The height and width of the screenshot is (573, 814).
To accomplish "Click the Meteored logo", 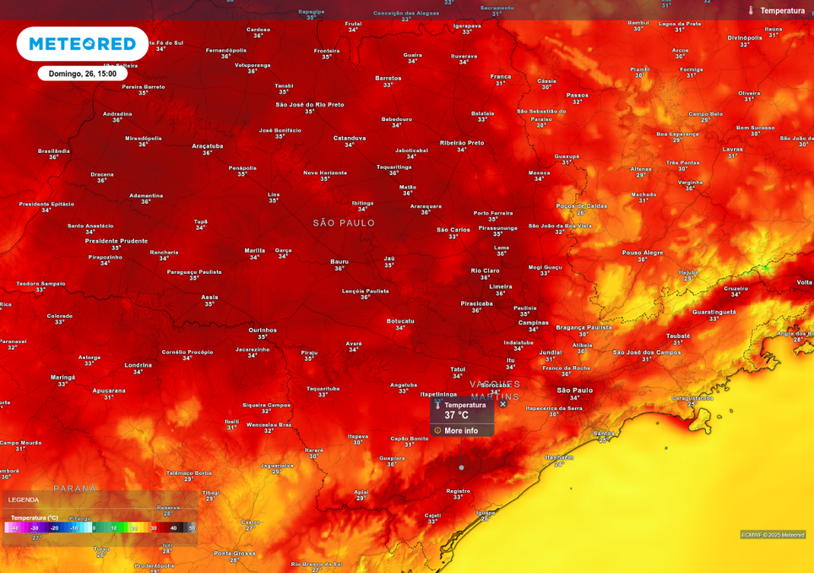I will tap(82, 44).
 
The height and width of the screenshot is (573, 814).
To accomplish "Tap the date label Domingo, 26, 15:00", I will tap(83, 74).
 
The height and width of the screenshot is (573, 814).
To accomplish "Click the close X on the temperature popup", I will tap(502, 404).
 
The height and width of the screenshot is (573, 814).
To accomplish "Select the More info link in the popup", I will tap(461, 430).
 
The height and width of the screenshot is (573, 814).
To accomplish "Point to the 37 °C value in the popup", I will tap(457, 416).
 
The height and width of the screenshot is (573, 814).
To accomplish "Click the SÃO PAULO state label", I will tap(344, 223).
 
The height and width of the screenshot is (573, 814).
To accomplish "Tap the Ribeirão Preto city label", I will tap(462, 143).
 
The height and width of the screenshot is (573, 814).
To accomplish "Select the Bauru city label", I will tap(339, 261).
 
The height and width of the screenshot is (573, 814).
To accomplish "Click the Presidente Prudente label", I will tap(117, 241).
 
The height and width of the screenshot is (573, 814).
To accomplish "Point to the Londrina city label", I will tap(138, 365).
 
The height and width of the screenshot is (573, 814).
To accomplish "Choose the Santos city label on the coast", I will tap(603, 434).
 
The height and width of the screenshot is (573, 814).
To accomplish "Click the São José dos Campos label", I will tap(647, 352).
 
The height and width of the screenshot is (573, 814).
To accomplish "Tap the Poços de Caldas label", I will tap(582, 205).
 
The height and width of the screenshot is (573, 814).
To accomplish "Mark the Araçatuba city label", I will tap(208, 145).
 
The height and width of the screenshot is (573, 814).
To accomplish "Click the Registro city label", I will tap(458, 490).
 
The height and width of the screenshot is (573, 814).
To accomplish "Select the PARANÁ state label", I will tap(75, 488).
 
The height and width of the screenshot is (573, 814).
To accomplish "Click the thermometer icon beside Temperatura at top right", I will tap(750, 10).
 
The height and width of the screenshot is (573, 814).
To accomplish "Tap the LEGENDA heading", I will tap(24, 499).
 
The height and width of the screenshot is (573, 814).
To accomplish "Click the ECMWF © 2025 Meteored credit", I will tap(773, 534).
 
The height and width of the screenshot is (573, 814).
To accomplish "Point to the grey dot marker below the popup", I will tap(461, 467).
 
